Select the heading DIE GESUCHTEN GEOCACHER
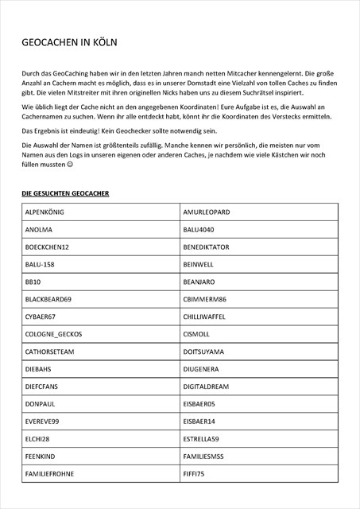pyautogui.click(x=65, y=193)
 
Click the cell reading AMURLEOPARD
pyautogui.click(x=206, y=212)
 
